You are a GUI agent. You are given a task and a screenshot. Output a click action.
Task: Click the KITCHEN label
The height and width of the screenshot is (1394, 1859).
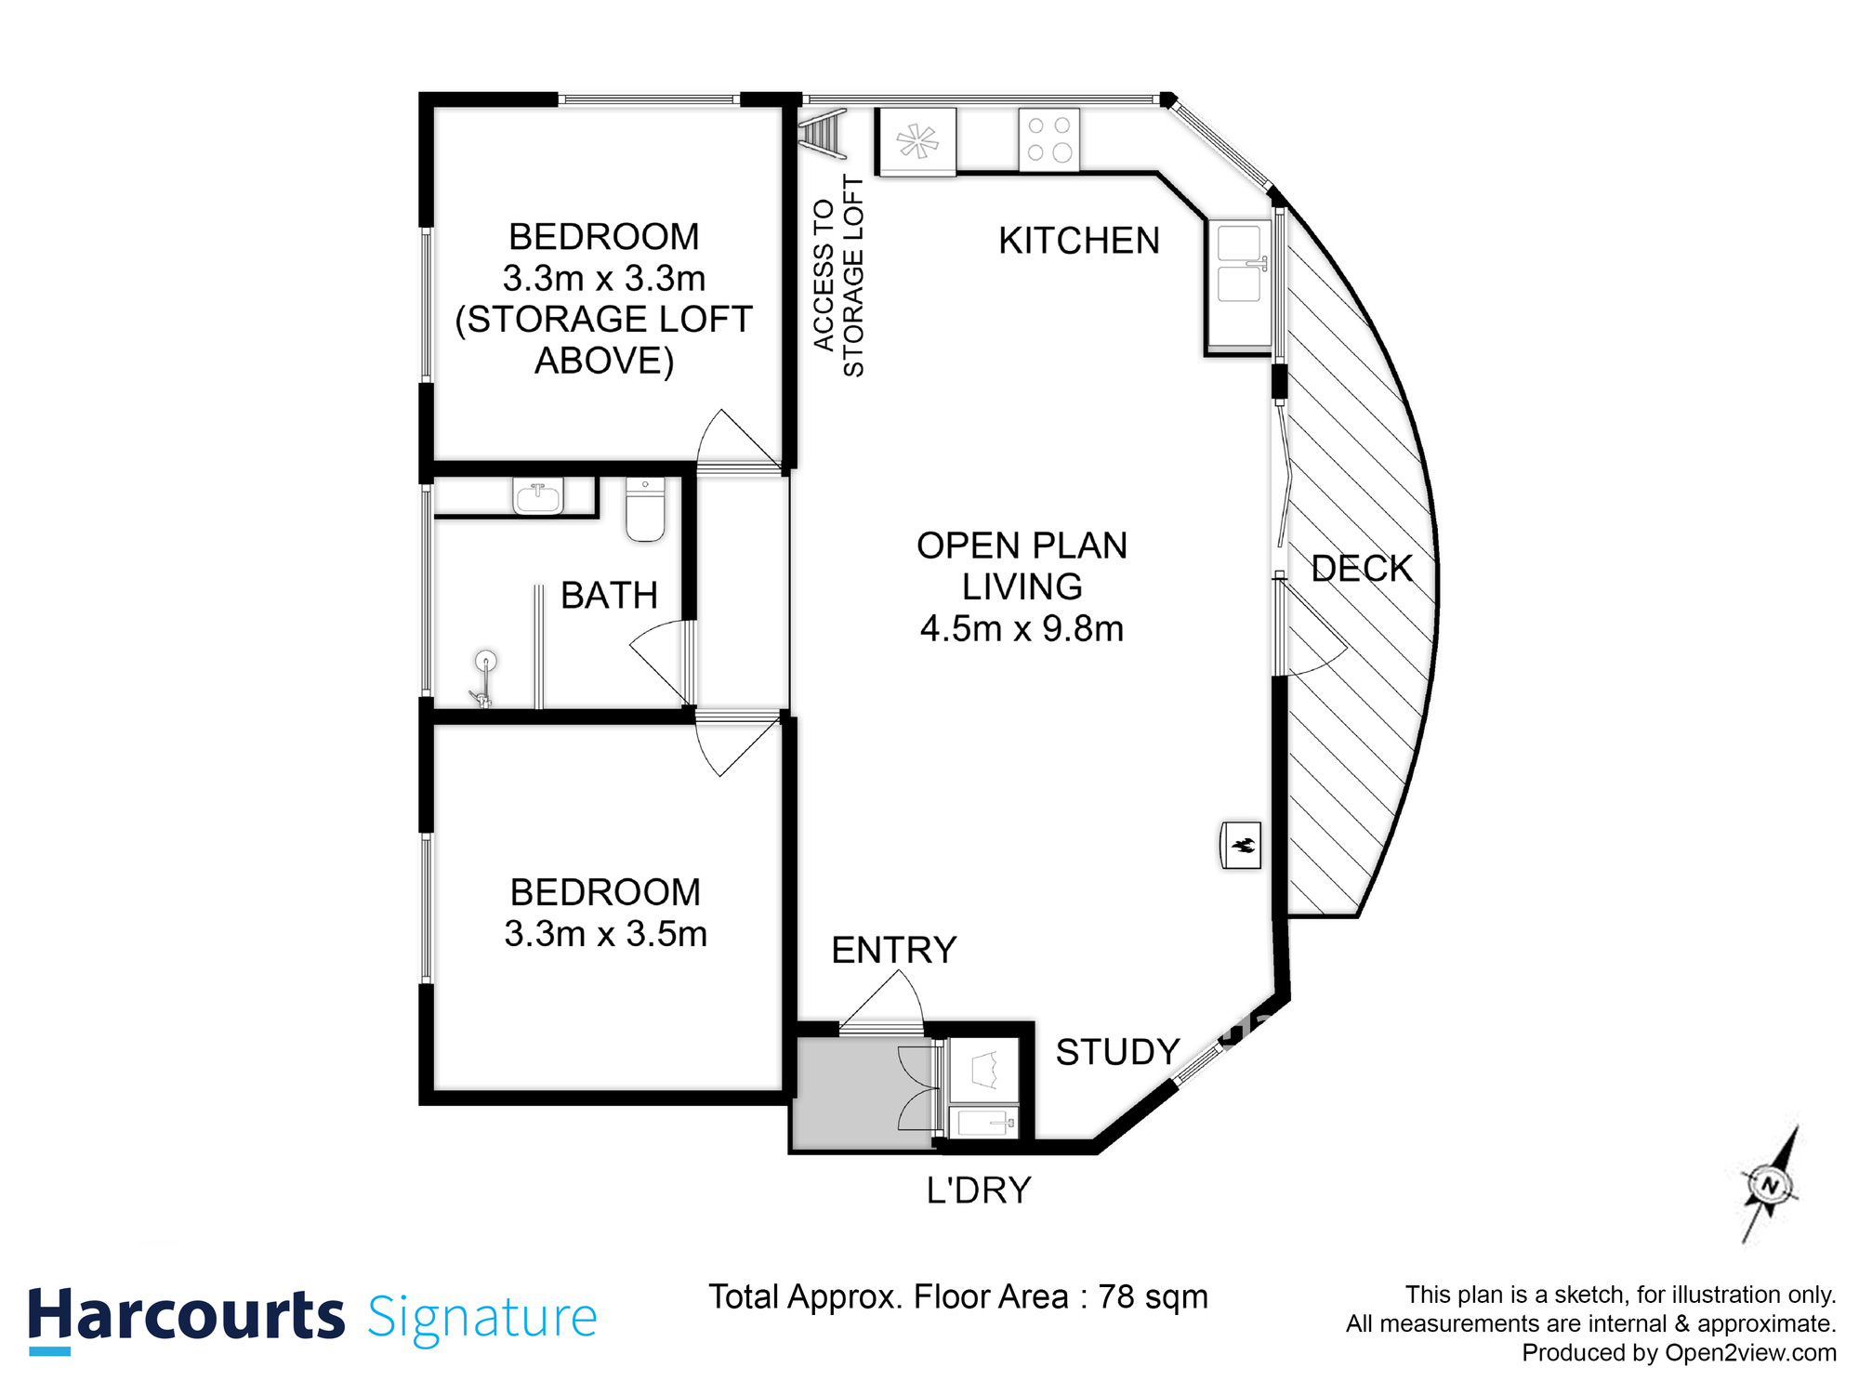coord(1078,241)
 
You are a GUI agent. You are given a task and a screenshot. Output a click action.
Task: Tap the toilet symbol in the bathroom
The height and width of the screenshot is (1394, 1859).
coord(645,509)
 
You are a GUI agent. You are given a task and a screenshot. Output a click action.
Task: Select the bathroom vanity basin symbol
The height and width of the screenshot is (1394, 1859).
coord(538,496)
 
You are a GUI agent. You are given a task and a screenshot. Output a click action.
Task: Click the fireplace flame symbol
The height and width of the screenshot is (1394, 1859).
coord(1241,845)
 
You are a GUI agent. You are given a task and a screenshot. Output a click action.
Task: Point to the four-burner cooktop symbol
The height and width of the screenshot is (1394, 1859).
coord(1049,140)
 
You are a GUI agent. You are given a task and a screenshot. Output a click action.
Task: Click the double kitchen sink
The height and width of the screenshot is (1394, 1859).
coord(1239,266)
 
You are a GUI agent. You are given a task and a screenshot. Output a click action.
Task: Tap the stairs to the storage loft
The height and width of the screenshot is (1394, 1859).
coord(823,133)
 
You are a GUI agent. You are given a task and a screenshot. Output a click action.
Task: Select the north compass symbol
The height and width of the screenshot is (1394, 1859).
coord(1770,1186)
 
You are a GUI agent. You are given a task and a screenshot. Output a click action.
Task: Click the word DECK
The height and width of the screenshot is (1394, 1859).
coord(1361,569)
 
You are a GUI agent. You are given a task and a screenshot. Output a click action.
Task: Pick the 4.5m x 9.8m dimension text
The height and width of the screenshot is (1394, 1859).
coord(1022,629)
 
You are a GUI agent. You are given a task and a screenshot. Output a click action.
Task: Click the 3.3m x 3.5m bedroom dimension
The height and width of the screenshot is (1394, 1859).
coord(605,934)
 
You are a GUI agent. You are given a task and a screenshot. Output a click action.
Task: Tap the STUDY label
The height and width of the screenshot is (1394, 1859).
coord(1117,1052)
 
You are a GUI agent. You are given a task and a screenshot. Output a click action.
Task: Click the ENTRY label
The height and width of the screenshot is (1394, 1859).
coord(893,950)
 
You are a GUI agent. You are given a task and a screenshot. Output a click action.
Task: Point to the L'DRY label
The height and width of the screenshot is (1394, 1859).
coord(979,1190)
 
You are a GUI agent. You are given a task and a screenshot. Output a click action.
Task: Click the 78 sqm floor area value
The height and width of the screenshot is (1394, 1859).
coord(1153,1296)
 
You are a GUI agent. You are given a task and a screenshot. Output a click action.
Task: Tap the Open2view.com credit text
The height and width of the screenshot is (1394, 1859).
coord(1750,1352)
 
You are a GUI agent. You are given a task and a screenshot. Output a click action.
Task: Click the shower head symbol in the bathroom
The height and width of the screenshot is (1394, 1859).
coord(485,662)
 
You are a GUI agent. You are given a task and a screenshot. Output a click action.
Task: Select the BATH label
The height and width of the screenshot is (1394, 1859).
coord(609,595)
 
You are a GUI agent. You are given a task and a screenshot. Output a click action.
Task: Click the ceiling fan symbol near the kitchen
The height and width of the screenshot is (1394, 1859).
coord(917,142)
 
